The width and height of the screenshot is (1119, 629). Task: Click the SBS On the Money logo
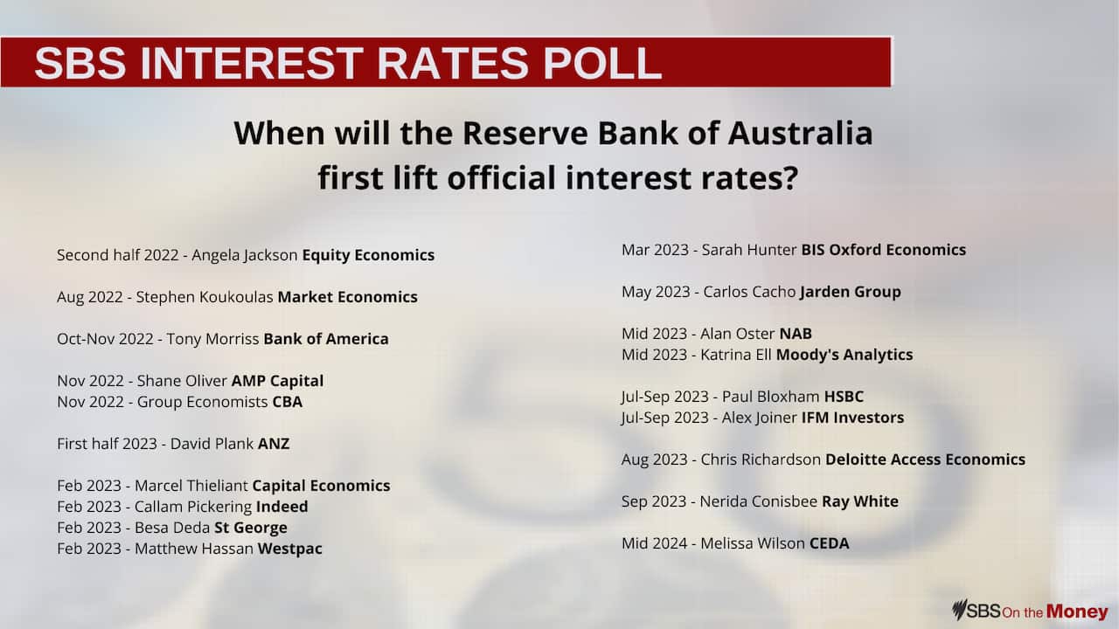click(x=1030, y=611)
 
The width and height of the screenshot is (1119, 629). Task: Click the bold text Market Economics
click(x=347, y=297)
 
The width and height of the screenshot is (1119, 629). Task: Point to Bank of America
click(x=325, y=339)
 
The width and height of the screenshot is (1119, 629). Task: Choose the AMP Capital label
click(x=277, y=381)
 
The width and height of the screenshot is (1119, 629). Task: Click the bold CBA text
click(x=287, y=402)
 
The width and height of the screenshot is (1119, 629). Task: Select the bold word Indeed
click(x=281, y=507)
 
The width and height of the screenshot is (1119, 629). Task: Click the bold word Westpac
click(x=289, y=549)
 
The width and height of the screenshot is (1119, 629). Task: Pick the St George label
click(x=250, y=528)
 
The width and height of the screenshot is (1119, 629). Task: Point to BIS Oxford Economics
click(x=883, y=250)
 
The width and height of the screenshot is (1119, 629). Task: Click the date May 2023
click(x=655, y=292)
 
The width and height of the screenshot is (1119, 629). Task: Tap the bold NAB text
click(x=795, y=334)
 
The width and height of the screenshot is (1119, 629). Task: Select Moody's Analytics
click(x=844, y=355)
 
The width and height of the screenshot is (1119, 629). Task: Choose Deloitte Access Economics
click(x=925, y=460)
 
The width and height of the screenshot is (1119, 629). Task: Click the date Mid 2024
click(x=655, y=543)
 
